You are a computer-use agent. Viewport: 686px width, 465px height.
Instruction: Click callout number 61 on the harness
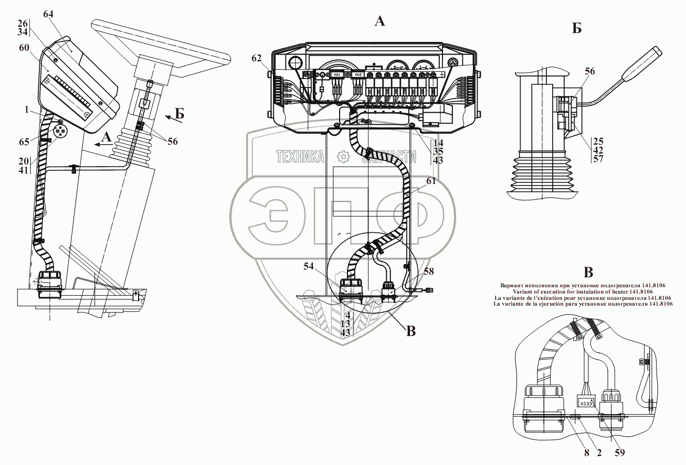[x=431, y=181]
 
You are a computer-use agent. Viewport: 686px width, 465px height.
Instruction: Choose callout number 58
[x=430, y=271]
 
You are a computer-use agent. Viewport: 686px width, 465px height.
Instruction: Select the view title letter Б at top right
[x=577, y=29]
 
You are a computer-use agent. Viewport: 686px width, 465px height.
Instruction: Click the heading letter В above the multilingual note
[x=588, y=273]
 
